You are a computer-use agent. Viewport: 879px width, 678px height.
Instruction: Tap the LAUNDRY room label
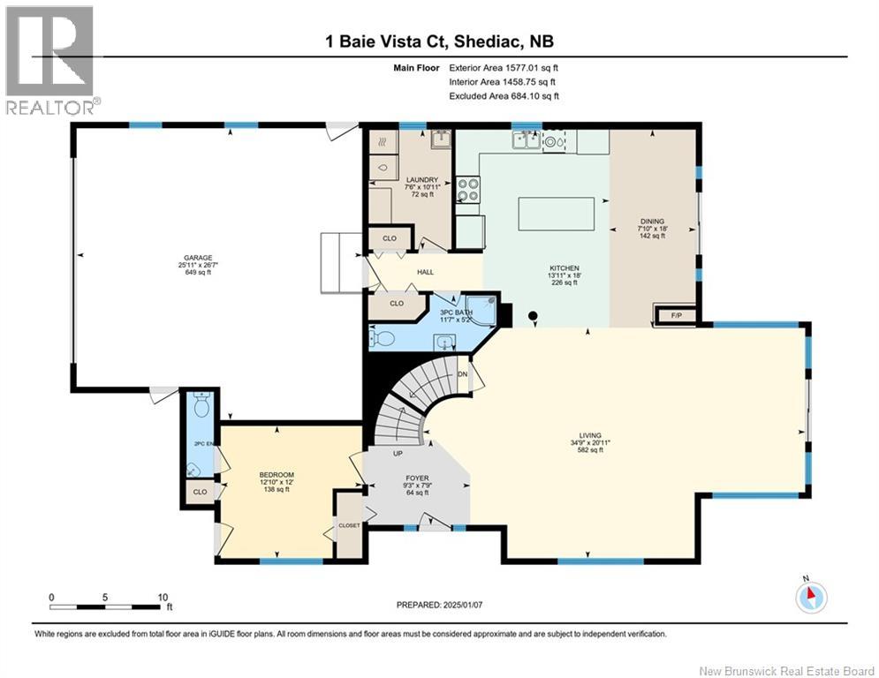point(415,180)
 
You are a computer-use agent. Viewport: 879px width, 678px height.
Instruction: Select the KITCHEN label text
point(564,267)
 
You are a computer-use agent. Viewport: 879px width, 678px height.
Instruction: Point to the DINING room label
point(652,222)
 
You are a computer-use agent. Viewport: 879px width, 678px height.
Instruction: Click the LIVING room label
point(590,435)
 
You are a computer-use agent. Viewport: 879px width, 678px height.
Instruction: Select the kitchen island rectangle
point(557,214)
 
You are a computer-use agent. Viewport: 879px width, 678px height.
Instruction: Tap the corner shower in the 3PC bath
point(482,309)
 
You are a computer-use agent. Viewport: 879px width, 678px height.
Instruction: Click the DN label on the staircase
point(461,374)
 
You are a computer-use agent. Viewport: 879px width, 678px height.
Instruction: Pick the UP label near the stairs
point(398,453)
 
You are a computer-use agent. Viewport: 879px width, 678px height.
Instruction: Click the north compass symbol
point(809,598)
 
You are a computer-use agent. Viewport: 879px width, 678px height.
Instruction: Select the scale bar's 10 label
point(162,596)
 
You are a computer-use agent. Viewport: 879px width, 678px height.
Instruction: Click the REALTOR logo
point(49,59)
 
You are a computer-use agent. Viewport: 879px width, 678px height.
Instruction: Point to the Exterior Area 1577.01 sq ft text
point(504,67)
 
